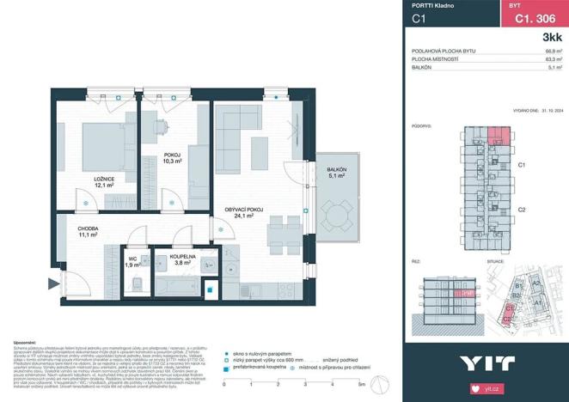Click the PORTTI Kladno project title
(x=433, y=6)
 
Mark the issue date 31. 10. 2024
(x=544, y=111)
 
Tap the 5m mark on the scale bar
(x=361, y=384)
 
